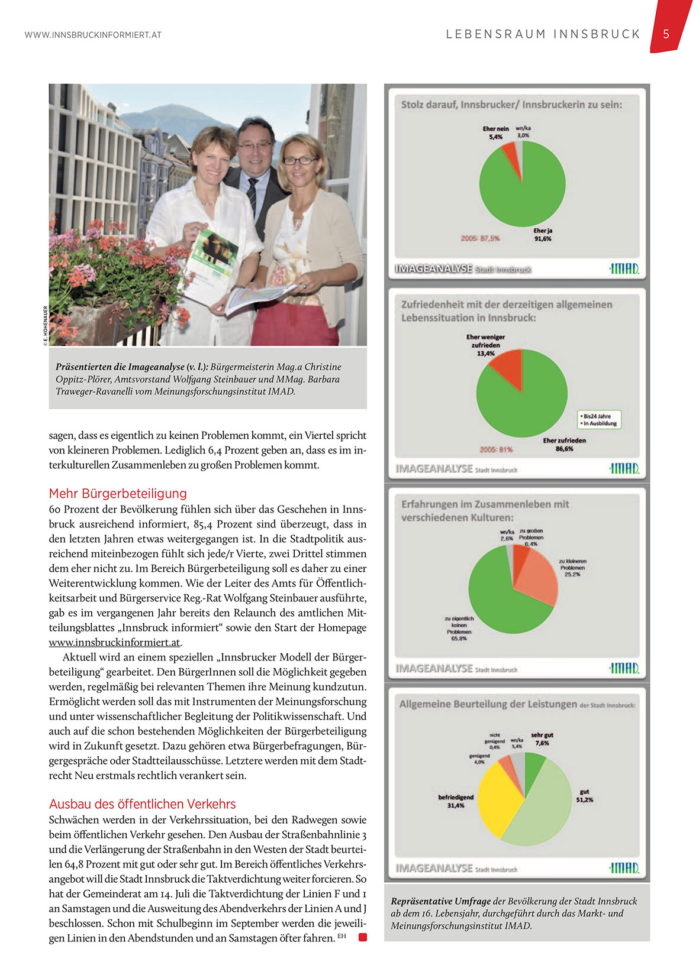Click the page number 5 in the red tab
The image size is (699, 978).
coord(666,34)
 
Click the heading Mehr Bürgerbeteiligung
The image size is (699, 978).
coord(118,494)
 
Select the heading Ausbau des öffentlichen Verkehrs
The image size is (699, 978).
coord(142,804)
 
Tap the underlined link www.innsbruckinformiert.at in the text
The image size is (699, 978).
coord(115,643)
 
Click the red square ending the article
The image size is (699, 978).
coord(363,937)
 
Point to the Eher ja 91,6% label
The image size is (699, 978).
coord(542,235)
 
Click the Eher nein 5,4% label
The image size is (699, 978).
coord(495,132)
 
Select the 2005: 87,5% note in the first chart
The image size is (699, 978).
coord(480,238)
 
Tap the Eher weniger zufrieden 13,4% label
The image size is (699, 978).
coord(485,345)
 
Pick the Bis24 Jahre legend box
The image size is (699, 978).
coord(600,420)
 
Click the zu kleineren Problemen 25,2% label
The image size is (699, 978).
coord(572,568)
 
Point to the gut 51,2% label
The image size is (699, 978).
coord(584,795)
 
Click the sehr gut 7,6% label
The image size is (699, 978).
coord(542,739)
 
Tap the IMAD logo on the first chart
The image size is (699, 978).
coord(624,269)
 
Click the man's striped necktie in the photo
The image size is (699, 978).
coord(253,195)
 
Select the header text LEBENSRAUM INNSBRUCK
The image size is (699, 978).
coord(543,34)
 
